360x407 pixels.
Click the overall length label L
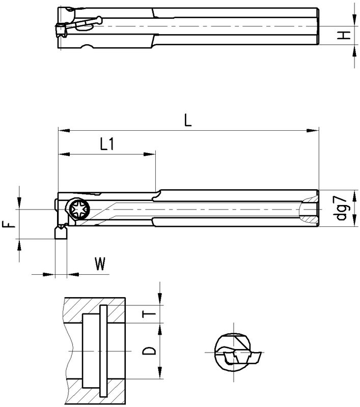coord(187,120)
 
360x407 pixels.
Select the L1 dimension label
coord(107,144)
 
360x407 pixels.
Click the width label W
coord(100,264)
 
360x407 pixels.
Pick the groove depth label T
coord(149,314)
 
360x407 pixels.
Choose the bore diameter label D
coord(149,351)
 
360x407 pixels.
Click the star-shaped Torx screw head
coord(80,209)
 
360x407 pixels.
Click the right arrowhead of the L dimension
coord(313,131)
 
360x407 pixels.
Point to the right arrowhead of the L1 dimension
coord(149,154)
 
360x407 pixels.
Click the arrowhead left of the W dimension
coord(49,274)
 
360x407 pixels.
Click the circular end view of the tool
coord(233,352)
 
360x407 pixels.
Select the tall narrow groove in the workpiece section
coord(103,351)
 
